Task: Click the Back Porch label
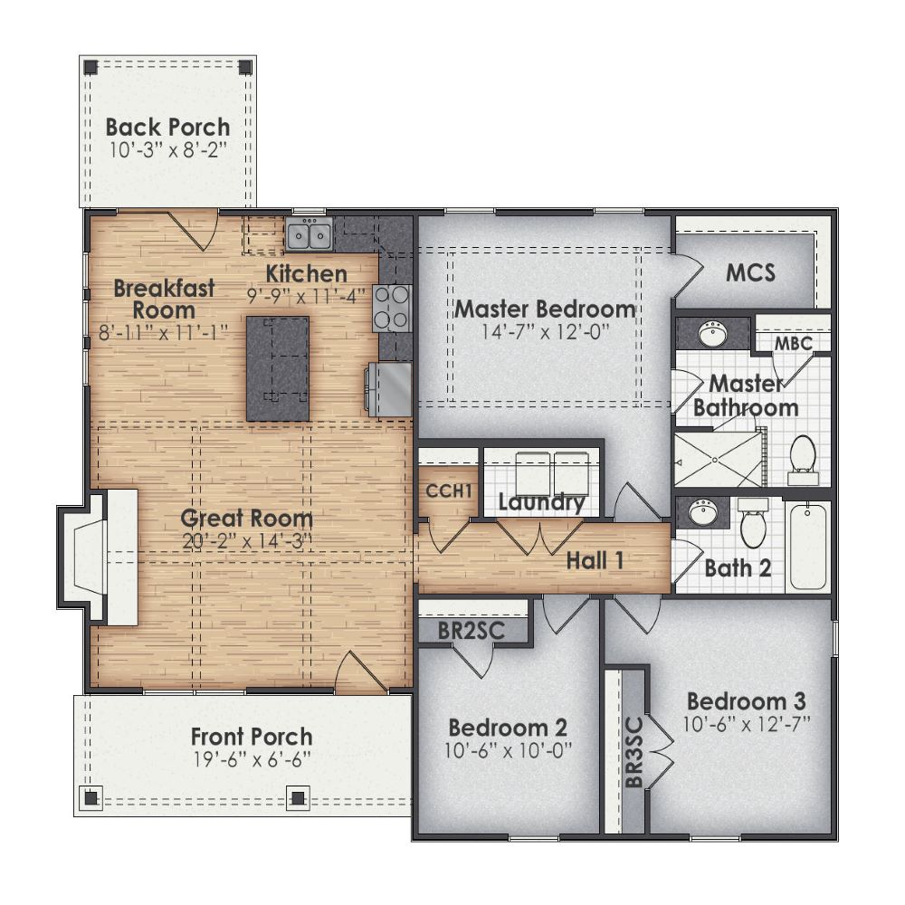click(x=167, y=127)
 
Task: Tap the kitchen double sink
click(x=309, y=235)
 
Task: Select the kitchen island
click(x=278, y=367)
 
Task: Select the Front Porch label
click(x=252, y=737)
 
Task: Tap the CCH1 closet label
click(x=450, y=491)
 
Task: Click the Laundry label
click(x=541, y=502)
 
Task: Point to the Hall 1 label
click(x=595, y=560)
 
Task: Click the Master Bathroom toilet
click(x=803, y=457)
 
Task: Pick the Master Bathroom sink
click(x=713, y=333)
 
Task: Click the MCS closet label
click(x=750, y=272)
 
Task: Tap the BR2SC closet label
click(x=471, y=629)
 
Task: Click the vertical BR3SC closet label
click(x=633, y=748)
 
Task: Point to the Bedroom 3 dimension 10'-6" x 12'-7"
click(x=746, y=723)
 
